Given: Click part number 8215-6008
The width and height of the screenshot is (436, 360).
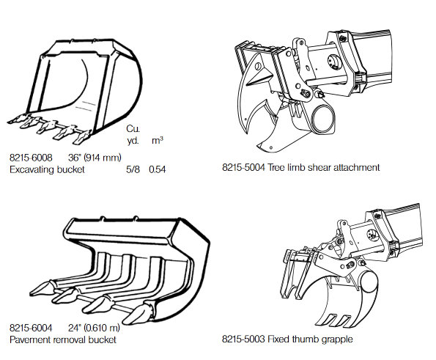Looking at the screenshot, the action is tap(31, 158).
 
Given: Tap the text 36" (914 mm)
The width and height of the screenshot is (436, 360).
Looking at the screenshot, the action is tap(95, 158).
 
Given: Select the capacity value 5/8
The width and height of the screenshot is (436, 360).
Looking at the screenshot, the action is tap(133, 169).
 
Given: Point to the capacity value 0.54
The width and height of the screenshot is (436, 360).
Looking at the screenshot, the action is tap(158, 169).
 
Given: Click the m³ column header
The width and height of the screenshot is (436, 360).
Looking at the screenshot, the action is tap(158, 140).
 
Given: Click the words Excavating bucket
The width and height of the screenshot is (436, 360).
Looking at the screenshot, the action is tap(47, 169).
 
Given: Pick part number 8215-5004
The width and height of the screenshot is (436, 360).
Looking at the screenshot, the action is tap(243, 167).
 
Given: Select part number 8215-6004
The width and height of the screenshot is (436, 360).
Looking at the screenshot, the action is tap(31, 328).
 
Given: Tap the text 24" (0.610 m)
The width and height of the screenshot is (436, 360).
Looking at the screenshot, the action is tap(94, 328).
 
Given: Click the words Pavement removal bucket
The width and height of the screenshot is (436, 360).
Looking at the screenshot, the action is tap(63, 339).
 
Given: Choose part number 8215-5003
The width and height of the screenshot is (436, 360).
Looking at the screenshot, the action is tap(243, 339).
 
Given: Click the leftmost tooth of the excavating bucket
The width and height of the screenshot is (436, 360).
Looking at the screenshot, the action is tap(19, 119).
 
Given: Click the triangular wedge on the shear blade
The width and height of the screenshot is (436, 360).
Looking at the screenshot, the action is tap(259, 77).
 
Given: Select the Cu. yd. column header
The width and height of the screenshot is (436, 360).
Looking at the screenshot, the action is tap(133, 135).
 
